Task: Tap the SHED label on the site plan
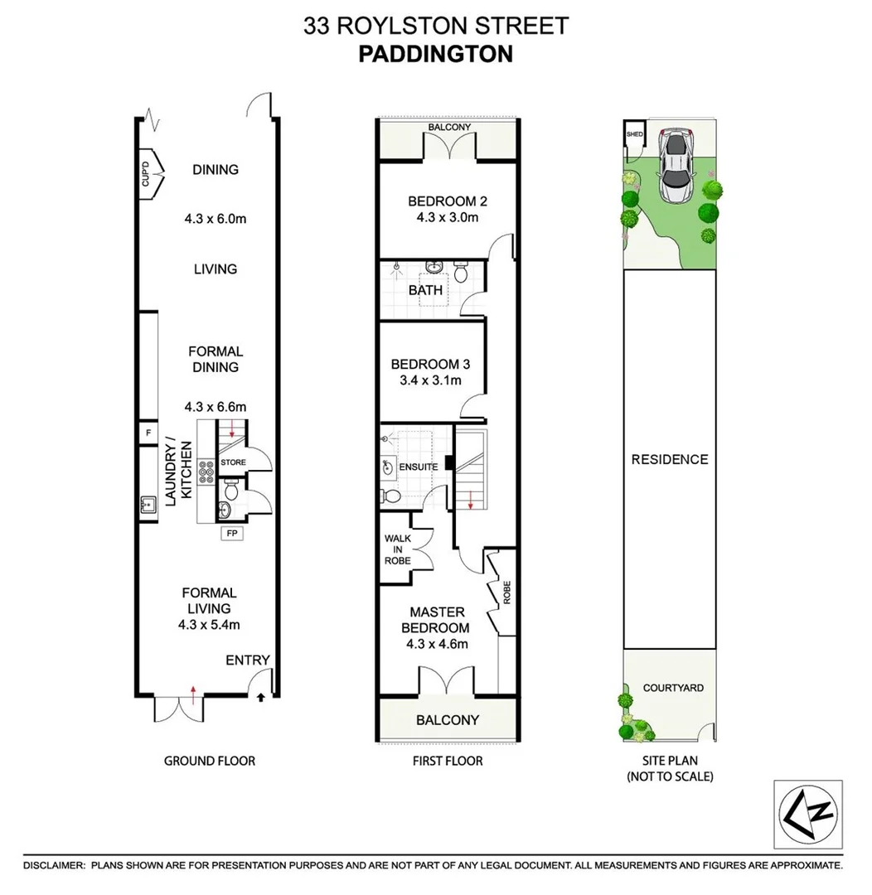tap(634, 134)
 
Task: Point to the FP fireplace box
tap(232, 534)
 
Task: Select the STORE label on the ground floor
tap(231, 462)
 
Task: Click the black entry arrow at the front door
tap(263, 698)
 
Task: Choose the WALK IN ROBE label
tap(397, 549)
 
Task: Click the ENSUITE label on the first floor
tap(419, 467)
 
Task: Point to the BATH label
tap(425, 290)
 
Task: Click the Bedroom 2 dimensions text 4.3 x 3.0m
tap(447, 218)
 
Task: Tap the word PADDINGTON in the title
tap(435, 54)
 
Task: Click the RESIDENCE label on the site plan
tap(669, 459)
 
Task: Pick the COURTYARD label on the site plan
tap(673, 688)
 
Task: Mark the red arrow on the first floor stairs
tap(471, 500)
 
